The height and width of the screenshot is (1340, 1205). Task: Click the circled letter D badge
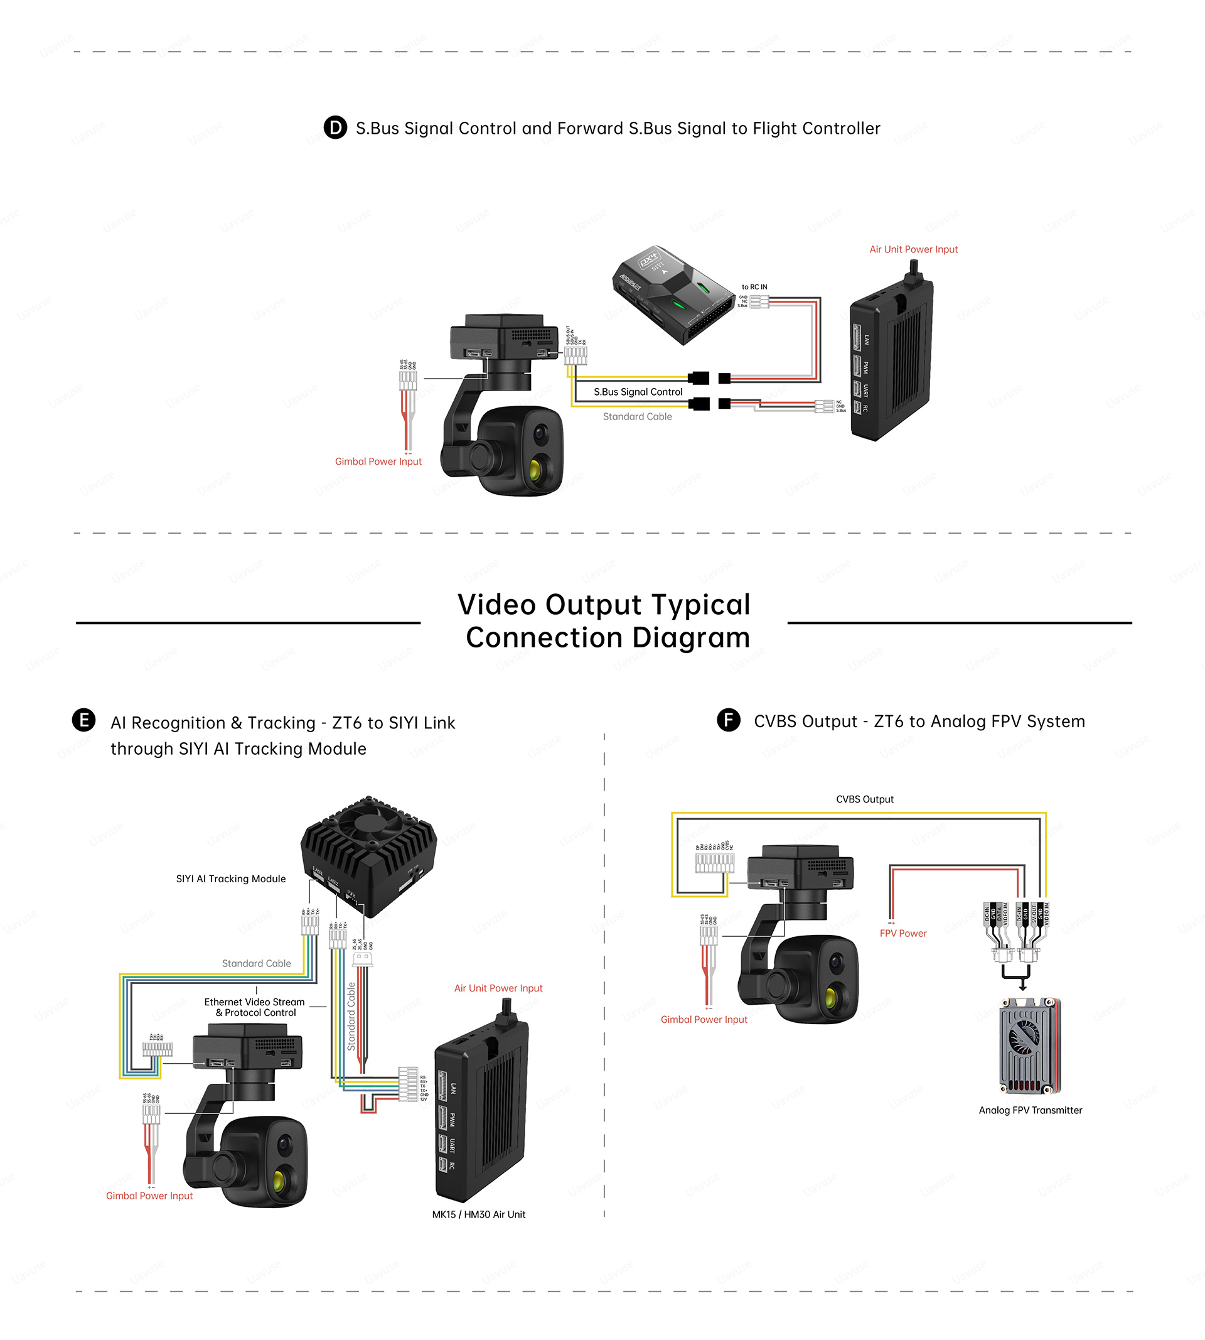(x=335, y=127)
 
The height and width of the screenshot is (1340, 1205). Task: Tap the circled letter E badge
(x=83, y=720)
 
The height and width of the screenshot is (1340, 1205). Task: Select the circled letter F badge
(x=728, y=720)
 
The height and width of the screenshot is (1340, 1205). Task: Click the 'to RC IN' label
(x=754, y=287)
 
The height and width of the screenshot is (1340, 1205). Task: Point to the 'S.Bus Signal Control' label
(x=638, y=392)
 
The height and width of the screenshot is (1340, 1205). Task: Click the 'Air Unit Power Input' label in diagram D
(x=913, y=250)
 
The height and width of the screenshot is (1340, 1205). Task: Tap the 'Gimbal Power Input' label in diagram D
(x=378, y=462)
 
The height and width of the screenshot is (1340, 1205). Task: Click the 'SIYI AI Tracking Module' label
(x=230, y=879)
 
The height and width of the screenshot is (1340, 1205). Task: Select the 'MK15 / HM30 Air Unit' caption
(x=478, y=1214)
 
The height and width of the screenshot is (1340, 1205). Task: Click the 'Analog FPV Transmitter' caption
(x=1030, y=1110)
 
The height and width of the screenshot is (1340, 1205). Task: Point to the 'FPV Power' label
(x=902, y=933)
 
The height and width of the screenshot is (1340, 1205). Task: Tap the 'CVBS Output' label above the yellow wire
(x=864, y=799)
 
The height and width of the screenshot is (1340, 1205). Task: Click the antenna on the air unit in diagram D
(x=914, y=269)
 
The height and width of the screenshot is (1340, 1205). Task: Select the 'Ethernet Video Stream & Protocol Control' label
(x=255, y=1007)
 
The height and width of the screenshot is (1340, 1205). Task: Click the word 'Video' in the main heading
(x=496, y=605)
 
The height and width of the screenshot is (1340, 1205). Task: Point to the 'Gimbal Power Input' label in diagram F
(x=704, y=1019)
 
